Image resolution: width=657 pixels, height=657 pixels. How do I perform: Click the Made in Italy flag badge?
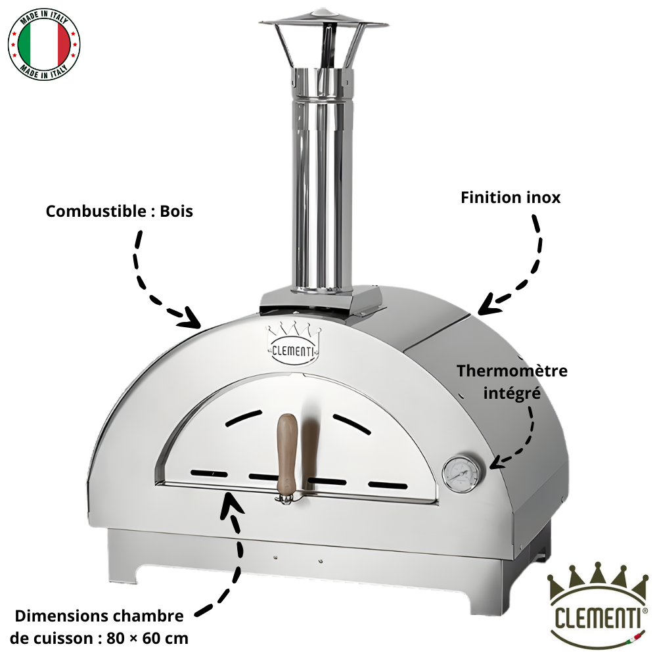tap(44, 44)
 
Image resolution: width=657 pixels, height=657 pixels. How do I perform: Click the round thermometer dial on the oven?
tap(461, 474)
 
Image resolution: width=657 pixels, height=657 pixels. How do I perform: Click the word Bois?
tap(176, 211)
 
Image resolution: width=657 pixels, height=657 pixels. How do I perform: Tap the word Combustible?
tap(96, 211)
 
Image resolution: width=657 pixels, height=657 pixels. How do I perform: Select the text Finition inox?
tap(510, 197)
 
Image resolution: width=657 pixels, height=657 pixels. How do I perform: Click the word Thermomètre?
tap(512, 371)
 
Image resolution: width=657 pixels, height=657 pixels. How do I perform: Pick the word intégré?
tap(512, 393)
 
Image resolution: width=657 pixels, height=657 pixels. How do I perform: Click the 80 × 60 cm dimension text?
tap(147, 639)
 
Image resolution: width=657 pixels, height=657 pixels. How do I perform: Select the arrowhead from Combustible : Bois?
tap(192, 319)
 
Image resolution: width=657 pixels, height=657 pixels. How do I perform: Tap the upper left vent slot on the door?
tap(244, 418)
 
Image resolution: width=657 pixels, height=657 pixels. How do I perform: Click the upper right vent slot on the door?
tap(352, 424)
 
